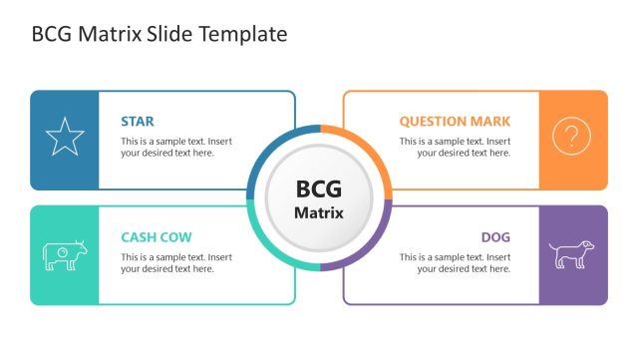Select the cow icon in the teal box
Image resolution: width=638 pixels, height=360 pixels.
65,255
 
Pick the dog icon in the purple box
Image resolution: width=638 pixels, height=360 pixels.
571,254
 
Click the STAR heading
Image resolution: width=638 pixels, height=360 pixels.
138,122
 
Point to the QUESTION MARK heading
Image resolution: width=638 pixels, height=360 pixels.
455,122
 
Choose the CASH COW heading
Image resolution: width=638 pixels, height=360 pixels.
157,237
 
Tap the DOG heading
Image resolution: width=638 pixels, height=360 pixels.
495,237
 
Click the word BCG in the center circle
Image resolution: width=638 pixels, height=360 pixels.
319,189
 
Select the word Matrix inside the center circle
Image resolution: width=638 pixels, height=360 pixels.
319,212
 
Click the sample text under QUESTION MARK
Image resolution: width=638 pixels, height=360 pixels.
456,147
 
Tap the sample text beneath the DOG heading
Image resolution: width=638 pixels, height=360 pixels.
456,262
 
